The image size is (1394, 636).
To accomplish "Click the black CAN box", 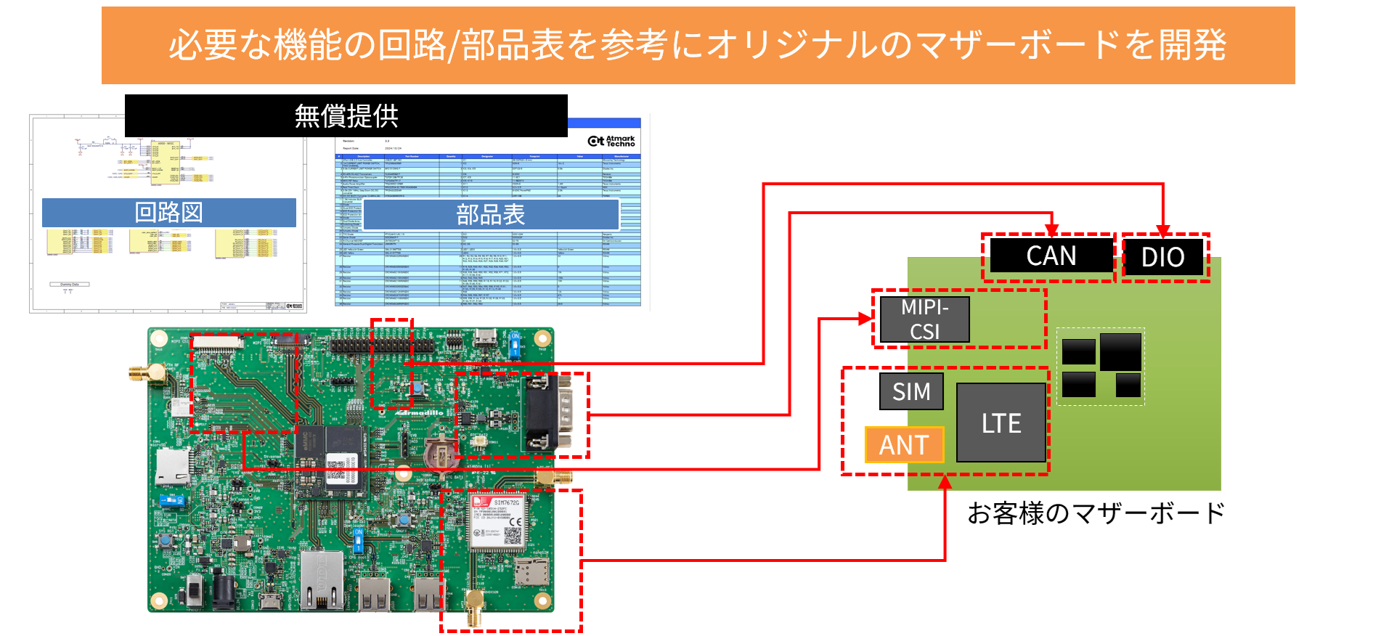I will point(1051,256).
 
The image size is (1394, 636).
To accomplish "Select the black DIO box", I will point(1162,257).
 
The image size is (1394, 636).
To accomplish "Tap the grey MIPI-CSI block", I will point(924,319).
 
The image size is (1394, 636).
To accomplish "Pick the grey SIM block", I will point(911,391).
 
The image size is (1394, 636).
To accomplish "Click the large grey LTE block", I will point(1001,423).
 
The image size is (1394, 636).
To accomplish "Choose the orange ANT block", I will point(904,444).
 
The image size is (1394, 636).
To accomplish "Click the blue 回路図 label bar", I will point(168,213).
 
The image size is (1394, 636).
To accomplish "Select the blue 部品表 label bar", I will point(491,215).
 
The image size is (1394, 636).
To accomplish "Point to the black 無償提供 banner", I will point(346,115).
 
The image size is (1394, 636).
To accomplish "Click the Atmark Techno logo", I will point(611,141).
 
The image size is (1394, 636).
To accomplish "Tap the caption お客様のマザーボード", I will point(1096,513).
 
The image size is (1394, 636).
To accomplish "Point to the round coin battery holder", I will point(441,453).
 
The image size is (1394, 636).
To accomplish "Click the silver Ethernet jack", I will point(322,579).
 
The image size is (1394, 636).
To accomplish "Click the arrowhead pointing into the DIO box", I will point(1163,231).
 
